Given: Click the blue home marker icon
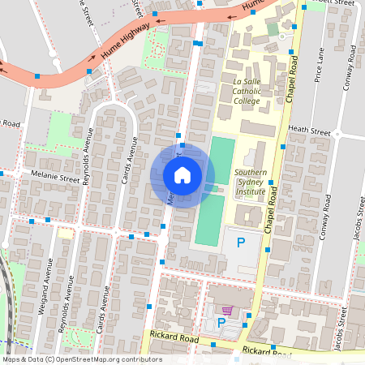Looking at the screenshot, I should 182,174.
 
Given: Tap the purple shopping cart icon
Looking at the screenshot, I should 228,311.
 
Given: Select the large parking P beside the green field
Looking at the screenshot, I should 240,242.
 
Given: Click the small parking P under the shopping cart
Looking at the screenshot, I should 221,323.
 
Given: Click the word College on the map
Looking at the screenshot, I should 247,101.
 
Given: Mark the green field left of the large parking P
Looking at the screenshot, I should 209,220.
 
